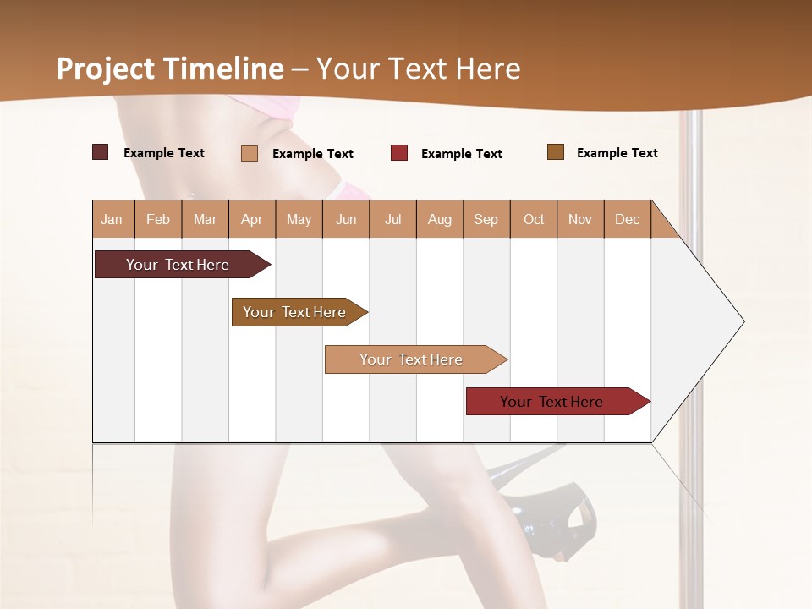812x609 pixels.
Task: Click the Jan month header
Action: tap(112, 219)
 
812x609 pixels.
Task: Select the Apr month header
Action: tap(251, 219)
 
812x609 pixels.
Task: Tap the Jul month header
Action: tap(392, 219)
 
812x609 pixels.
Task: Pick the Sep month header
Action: tap(486, 219)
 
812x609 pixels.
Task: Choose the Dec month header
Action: tap(627, 219)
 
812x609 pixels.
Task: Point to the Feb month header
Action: tap(158, 219)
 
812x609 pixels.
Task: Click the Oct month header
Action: tap(534, 219)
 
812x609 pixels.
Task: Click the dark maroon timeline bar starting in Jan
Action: tap(178, 265)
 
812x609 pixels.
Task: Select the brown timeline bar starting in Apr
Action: tap(294, 312)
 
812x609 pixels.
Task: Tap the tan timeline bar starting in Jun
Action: tap(411, 359)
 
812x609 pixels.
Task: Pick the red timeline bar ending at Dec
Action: tap(551, 402)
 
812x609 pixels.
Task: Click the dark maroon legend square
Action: tap(100, 152)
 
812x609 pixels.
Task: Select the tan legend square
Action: tap(250, 153)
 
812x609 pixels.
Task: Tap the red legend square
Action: tap(399, 153)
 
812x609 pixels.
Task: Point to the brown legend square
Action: tap(556, 152)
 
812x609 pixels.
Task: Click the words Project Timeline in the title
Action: tap(170, 69)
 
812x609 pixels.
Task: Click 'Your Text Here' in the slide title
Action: tap(418, 69)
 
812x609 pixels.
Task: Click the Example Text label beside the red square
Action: tap(461, 154)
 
